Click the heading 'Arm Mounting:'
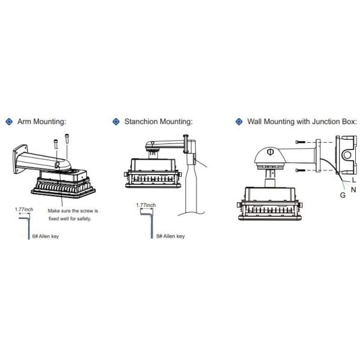coord(41,122)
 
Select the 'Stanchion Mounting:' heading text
coord(158,122)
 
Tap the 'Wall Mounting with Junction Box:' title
coord(302,122)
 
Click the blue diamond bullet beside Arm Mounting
coord(8,122)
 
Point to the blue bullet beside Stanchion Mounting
coord(116,122)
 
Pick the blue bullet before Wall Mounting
coord(239,122)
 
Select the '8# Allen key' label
coord(170,236)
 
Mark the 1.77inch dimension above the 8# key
coord(146,205)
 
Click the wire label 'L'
coord(354,179)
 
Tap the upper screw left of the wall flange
coord(301,142)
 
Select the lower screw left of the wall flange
coord(301,170)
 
